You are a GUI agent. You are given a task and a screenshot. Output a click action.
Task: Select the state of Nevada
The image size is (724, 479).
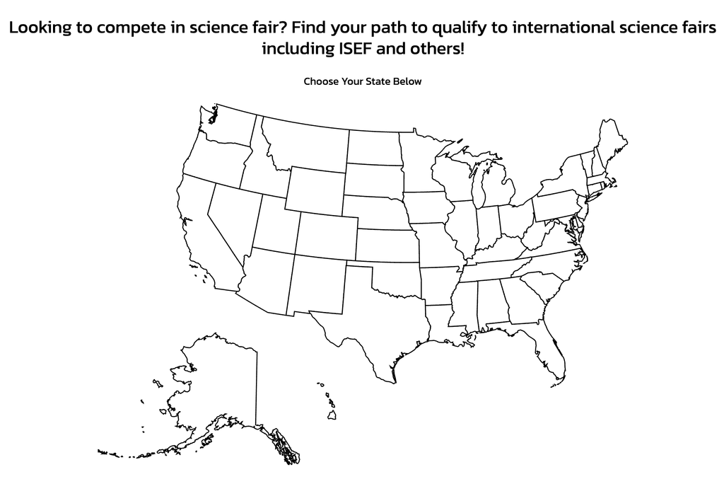click(x=230, y=219)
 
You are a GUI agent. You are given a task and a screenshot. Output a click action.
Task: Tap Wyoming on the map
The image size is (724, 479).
click(x=315, y=188)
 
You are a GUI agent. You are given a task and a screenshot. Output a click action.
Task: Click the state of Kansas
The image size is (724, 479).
click(x=385, y=245)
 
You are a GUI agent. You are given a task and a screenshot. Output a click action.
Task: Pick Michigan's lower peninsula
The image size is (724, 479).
click(x=498, y=187)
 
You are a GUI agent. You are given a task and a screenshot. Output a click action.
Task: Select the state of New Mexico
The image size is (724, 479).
click(x=316, y=283)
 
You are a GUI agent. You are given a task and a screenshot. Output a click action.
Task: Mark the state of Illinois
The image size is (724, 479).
click(x=460, y=226)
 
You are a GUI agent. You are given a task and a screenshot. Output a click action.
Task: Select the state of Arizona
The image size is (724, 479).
click(x=265, y=279)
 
